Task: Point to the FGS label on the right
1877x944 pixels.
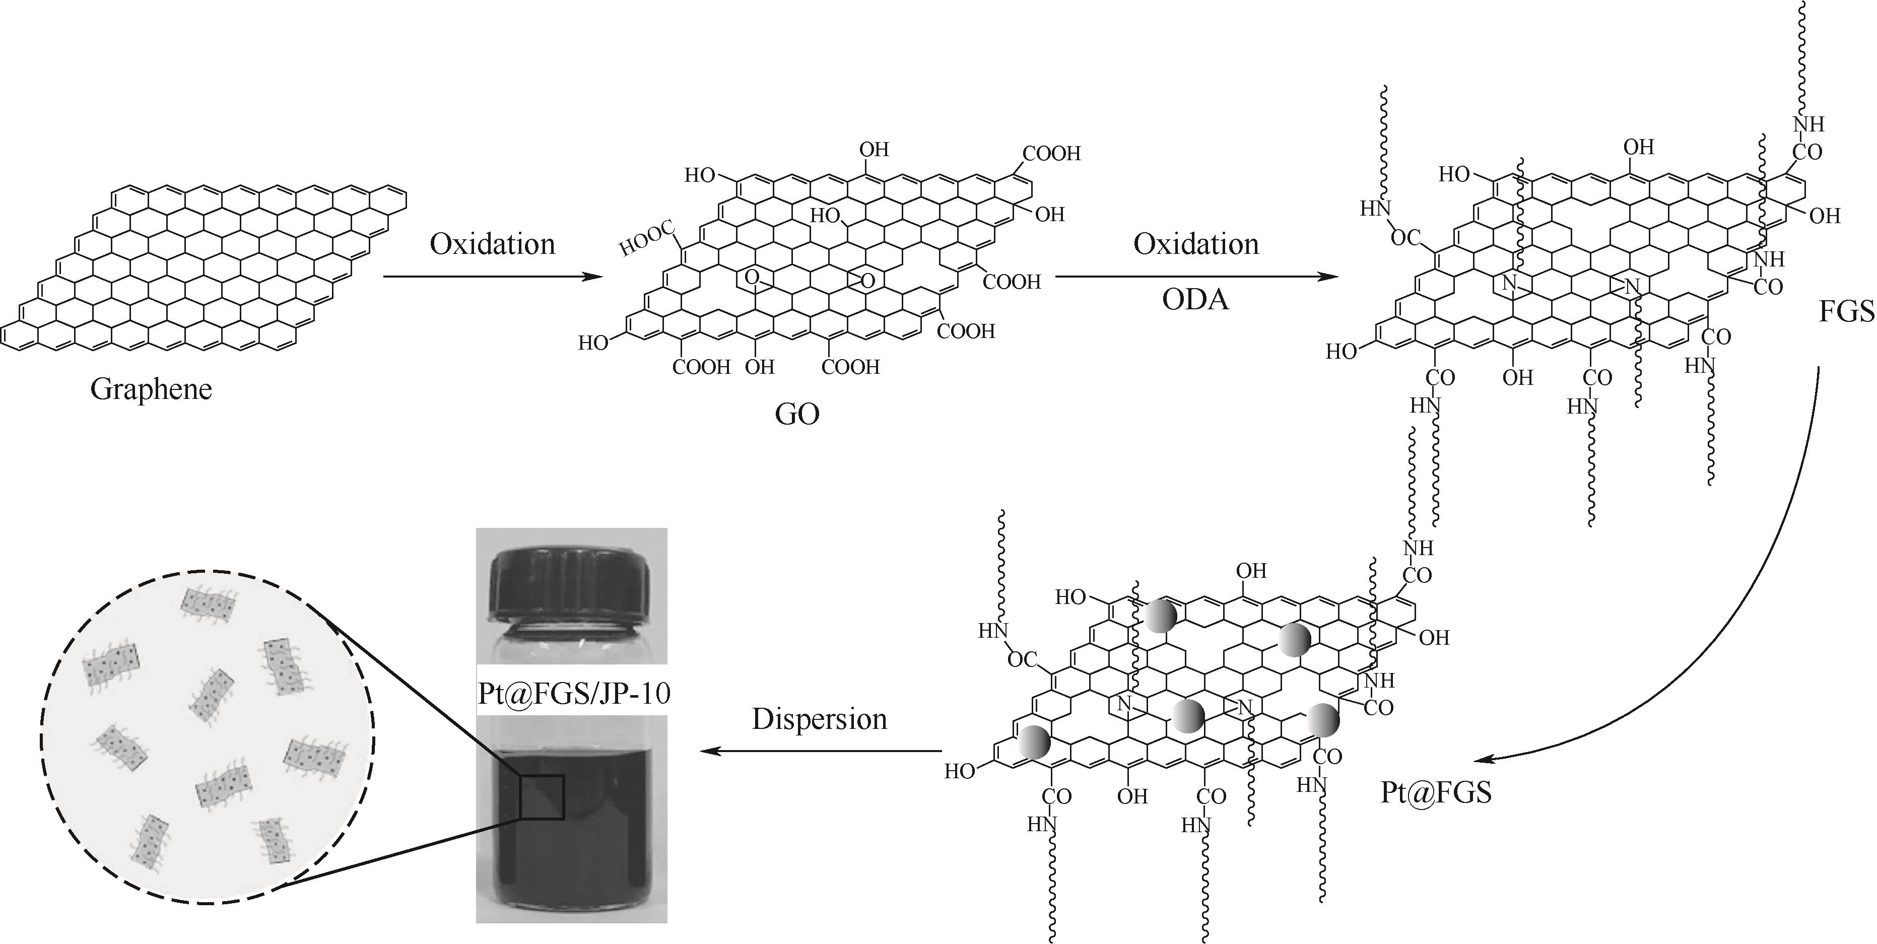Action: (x=1846, y=312)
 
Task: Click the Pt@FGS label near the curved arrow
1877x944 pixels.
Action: (x=1435, y=792)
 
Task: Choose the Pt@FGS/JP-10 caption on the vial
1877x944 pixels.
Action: (x=573, y=693)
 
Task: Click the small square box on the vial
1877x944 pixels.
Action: (x=542, y=797)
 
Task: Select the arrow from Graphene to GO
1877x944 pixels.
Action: (x=493, y=277)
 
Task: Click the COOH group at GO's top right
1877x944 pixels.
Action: (x=1051, y=154)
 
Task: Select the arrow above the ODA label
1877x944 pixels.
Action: (x=1196, y=277)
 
